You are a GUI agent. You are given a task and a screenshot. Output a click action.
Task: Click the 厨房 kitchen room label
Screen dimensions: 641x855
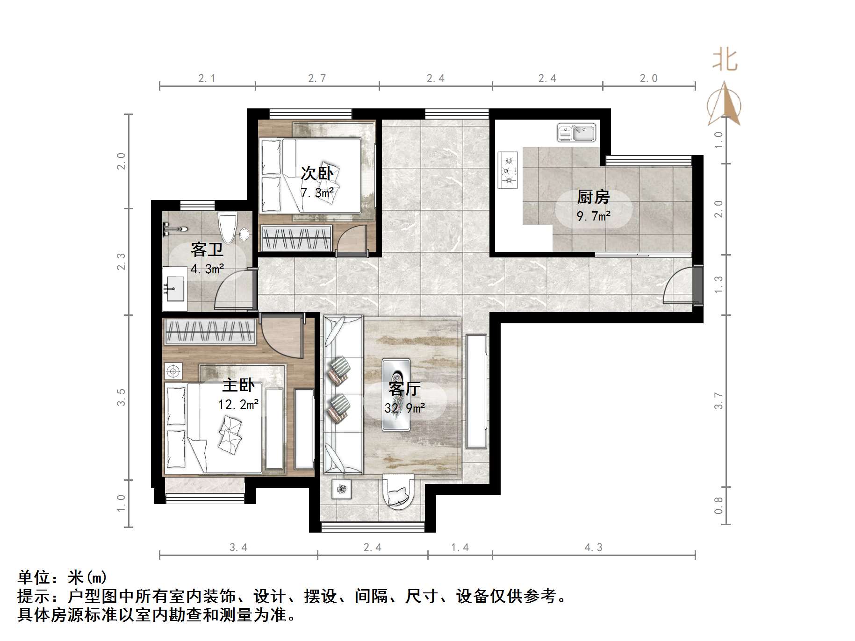pyautogui.click(x=593, y=197)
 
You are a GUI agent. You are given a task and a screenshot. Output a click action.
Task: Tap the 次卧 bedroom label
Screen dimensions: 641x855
pyautogui.click(x=317, y=174)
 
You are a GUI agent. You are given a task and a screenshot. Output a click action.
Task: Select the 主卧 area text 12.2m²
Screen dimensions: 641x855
pyautogui.click(x=238, y=404)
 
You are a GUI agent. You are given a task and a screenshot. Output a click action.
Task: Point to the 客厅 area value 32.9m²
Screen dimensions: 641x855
pyautogui.click(x=404, y=408)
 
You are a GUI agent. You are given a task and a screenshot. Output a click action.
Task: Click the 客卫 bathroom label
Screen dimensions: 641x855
pyautogui.click(x=207, y=249)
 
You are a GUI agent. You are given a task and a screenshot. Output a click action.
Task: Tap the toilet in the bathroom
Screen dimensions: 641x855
pyautogui.click(x=228, y=228)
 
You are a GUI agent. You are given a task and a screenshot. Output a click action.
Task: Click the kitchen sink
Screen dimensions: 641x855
pyautogui.click(x=576, y=133)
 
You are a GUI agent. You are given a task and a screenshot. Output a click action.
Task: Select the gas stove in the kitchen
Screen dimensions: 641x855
pyautogui.click(x=508, y=170)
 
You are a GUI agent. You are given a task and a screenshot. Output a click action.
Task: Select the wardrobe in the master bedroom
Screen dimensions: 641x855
pyautogui.click(x=209, y=332)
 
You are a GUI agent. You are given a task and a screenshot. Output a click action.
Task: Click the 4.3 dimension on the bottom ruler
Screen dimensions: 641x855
pyautogui.click(x=593, y=547)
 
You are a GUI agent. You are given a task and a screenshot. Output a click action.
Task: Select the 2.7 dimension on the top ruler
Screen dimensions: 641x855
pyautogui.click(x=317, y=78)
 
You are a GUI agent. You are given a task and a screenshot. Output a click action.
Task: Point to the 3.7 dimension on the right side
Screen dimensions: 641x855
pyautogui.click(x=718, y=401)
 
